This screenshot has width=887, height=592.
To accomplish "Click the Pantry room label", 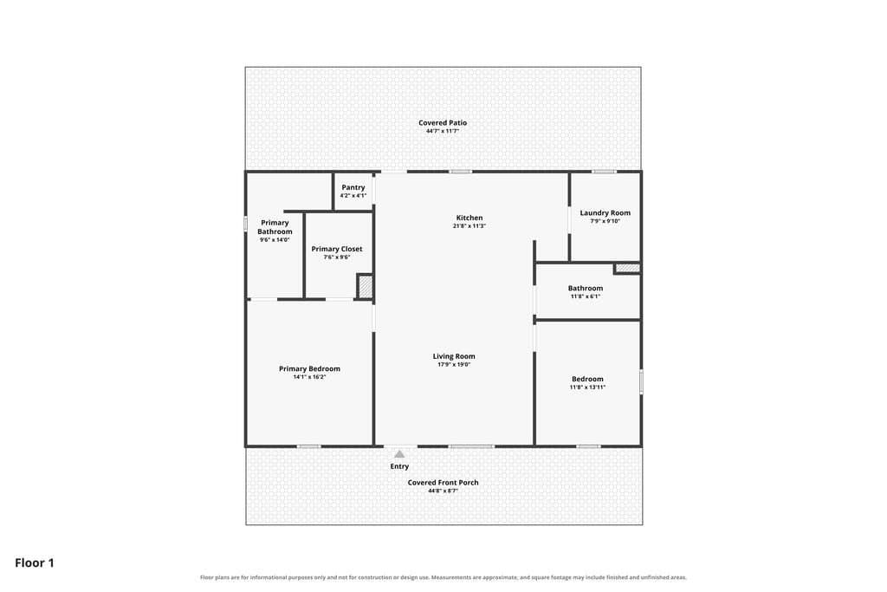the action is (x=353, y=187).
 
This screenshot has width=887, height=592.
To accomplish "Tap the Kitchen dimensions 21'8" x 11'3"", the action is (x=469, y=226).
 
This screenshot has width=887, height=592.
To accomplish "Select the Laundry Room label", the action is (x=605, y=213).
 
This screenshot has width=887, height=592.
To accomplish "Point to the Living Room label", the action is (x=454, y=356).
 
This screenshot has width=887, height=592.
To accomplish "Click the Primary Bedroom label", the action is (x=309, y=368).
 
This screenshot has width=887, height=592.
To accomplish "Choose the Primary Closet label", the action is (x=337, y=249).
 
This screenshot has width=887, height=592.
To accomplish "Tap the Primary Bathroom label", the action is (x=275, y=227).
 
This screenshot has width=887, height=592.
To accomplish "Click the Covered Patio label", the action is (x=443, y=123).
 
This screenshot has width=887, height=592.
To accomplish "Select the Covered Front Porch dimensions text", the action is (x=443, y=491).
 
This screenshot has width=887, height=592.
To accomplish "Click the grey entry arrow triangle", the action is (x=399, y=454).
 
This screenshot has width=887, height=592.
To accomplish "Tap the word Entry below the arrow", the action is (x=399, y=466).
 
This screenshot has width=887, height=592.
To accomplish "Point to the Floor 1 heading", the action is (x=35, y=563).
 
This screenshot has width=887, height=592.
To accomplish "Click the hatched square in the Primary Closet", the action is (x=366, y=286).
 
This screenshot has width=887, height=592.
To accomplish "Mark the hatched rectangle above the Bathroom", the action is (x=627, y=268).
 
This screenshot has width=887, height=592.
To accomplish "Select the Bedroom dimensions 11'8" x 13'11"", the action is (x=587, y=387).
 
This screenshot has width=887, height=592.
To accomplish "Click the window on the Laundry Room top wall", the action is (x=604, y=172).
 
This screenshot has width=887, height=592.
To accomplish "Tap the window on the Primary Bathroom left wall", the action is (x=245, y=224).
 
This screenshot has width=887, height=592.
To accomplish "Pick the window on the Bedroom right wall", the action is (x=641, y=381).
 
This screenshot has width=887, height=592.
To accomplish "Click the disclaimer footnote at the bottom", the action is (x=443, y=577).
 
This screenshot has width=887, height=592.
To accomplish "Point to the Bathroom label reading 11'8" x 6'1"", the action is (x=585, y=291).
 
